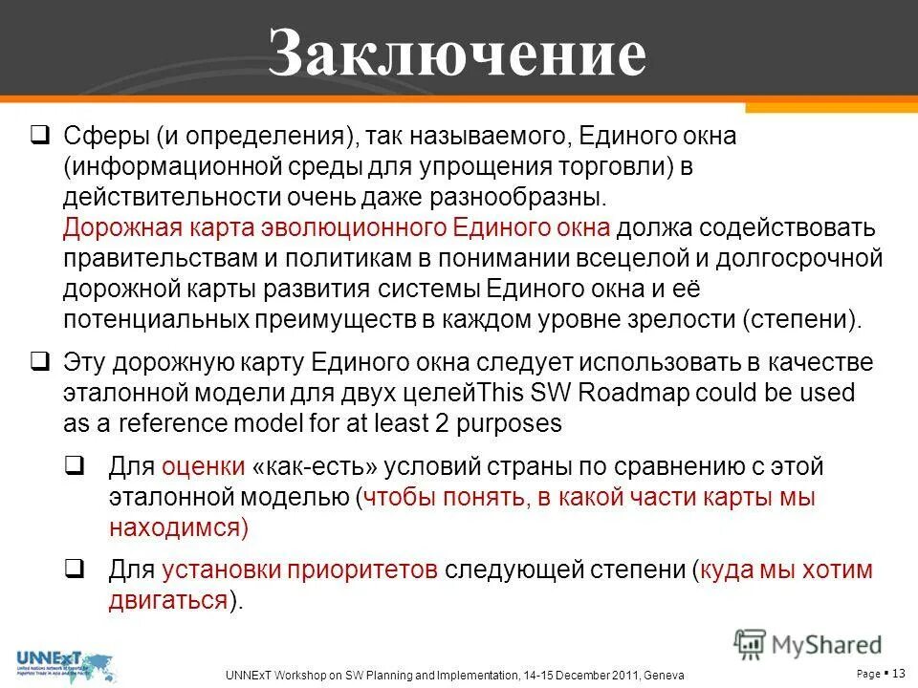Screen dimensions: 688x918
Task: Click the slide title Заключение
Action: pos(457,53)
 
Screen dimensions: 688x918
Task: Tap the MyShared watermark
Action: pos(808,644)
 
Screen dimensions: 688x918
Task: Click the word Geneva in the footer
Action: pos(663,676)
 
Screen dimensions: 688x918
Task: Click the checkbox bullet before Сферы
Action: pos(40,135)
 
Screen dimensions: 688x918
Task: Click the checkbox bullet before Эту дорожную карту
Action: pos(40,362)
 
